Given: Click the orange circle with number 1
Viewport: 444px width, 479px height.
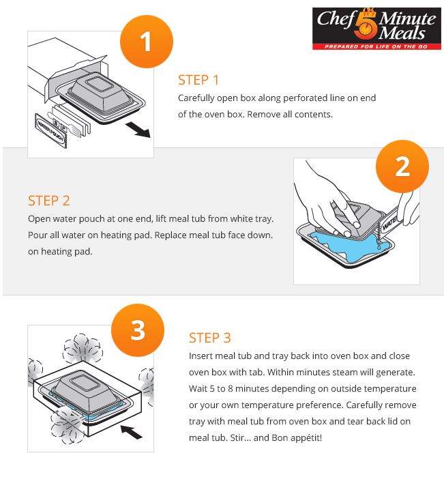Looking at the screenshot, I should [146, 42].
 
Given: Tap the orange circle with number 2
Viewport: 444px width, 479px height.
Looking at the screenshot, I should [402, 166].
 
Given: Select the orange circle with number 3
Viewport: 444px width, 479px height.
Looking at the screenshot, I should [138, 330].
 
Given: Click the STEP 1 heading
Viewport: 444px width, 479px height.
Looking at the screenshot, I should [198, 80].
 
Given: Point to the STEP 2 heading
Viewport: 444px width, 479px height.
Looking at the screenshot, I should [49, 201].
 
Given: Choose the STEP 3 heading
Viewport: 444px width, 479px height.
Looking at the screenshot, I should [209, 338].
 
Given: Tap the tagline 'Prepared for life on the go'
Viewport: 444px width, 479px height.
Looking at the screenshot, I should [376, 46].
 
